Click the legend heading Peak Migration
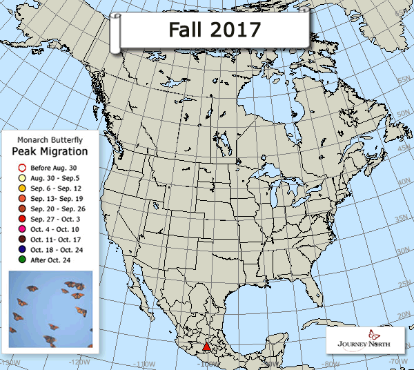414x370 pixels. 53,151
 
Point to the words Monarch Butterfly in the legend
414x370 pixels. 52,139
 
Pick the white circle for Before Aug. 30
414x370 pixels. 22,168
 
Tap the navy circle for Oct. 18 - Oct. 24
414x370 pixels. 22,249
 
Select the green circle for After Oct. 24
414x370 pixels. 22,260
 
